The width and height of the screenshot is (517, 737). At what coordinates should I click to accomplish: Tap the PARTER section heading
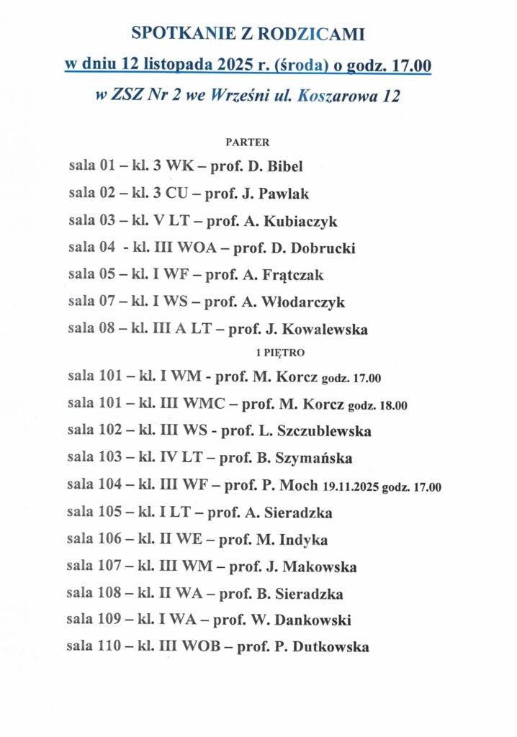point(248,143)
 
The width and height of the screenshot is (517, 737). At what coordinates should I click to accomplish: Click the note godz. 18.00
point(377,405)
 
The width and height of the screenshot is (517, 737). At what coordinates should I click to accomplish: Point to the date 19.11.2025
point(351,487)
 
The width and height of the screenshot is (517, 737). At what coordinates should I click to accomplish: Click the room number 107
point(108,567)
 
